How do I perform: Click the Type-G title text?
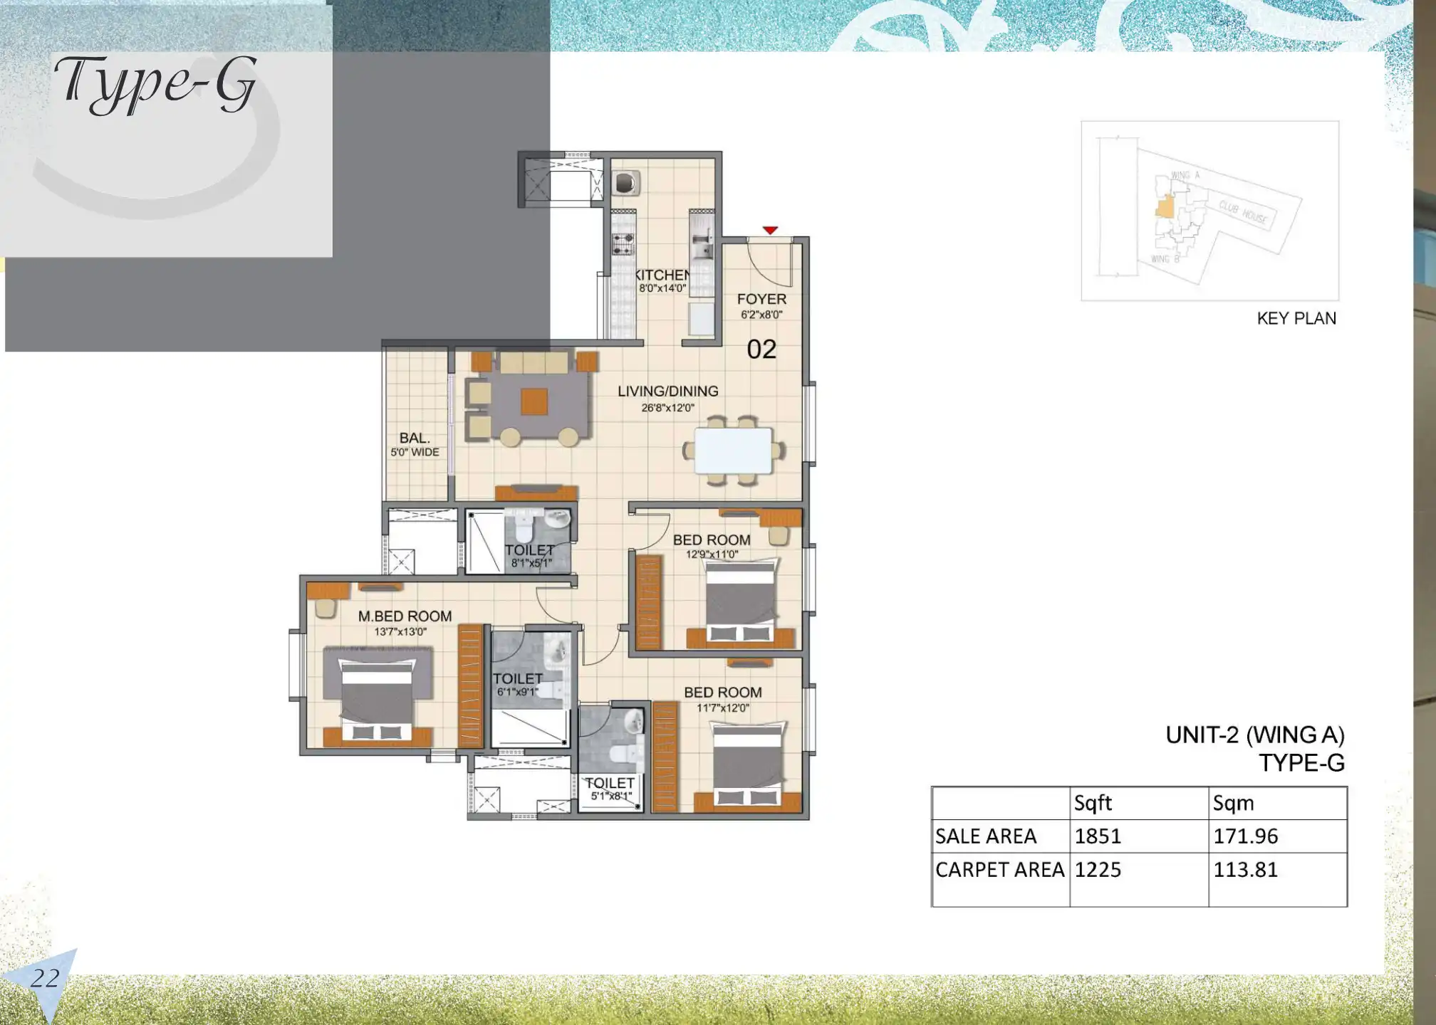155,84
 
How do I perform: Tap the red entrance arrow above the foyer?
770,230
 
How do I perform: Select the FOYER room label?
761,299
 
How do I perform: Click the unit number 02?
761,349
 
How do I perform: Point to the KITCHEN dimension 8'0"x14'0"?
662,288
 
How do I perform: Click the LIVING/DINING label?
667,391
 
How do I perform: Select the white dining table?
733,450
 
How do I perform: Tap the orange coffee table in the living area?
534,401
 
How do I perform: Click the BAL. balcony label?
414,438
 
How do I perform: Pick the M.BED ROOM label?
405,616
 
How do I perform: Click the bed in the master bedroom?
378,694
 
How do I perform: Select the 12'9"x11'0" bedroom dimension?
712,554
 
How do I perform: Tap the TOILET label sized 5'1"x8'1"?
610,783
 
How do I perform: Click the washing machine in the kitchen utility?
625,183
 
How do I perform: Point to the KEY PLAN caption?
1296,318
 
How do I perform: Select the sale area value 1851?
1098,836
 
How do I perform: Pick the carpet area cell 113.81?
1245,869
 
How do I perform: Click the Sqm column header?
1233,803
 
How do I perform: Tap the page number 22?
44,978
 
